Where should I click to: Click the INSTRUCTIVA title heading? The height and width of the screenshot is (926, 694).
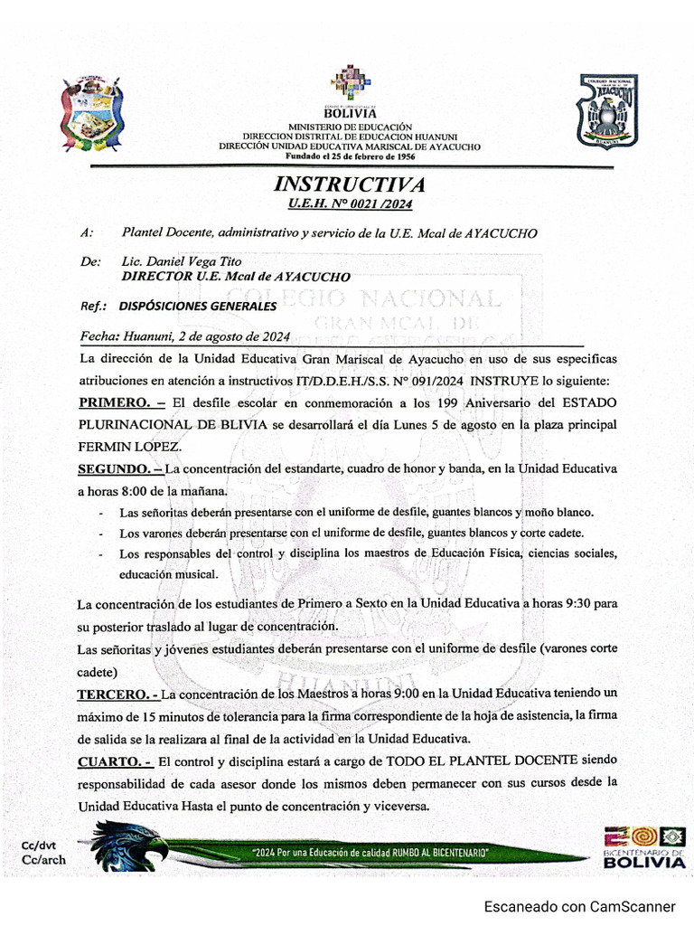[x=349, y=184]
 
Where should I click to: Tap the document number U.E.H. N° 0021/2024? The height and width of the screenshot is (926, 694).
[x=349, y=205]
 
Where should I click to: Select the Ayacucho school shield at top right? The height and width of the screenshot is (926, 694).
[x=607, y=110]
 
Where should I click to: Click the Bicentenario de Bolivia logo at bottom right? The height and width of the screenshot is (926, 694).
[x=643, y=847]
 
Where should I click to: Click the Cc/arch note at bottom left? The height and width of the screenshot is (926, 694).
[x=43, y=859]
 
